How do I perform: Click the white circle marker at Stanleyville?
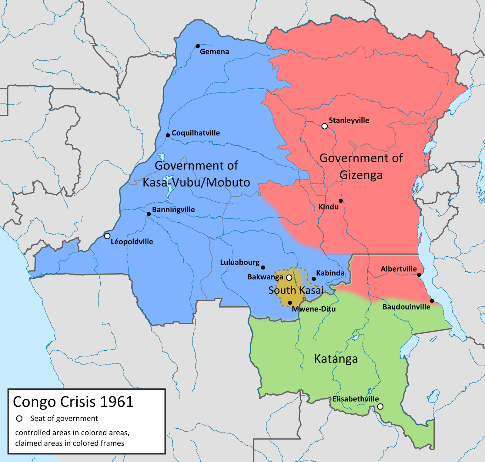click(324, 126)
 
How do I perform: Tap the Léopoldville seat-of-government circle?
click(107, 236)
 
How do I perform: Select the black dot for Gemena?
click(198, 46)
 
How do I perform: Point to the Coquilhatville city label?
click(196, 133)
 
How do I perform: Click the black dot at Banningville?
click(149, 214)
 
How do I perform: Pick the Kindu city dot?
click(341, 201)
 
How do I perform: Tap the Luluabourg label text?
click(239, 262)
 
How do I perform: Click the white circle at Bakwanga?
click(289, 278)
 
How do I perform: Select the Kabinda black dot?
click(314, 279)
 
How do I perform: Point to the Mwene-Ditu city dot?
click(290, 303)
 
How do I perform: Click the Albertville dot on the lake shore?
click(419, 275)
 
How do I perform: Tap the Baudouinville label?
click(406, 307)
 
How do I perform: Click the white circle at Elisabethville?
click(380, 406)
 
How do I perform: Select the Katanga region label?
click(336, 359)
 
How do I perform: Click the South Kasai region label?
click(296, 290)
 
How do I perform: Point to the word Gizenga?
click(361, 175)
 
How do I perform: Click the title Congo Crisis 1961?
click(73, 402)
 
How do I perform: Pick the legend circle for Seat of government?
click(19, 419)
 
